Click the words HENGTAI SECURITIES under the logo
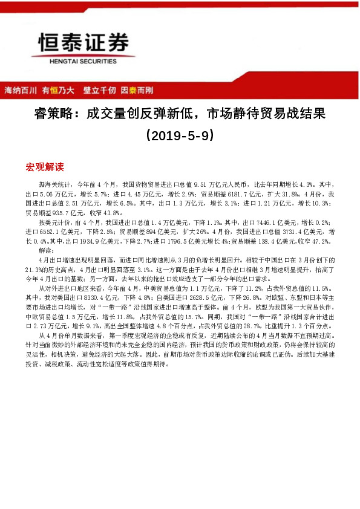pyautogui.click(x=84, y=60)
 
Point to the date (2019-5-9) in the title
pyautogui.click(x=180, y=136)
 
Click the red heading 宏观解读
pyautogui.click(x=45, y=166)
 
